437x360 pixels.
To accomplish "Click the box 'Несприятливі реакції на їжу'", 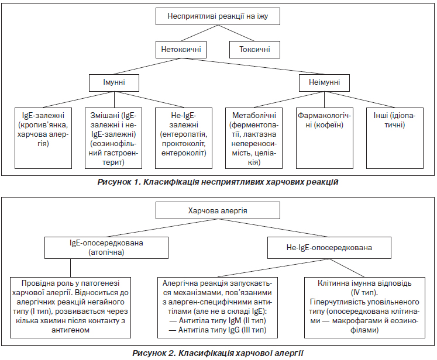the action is click(x=218, y=16).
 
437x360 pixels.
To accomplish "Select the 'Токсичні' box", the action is click(x=254, y=50).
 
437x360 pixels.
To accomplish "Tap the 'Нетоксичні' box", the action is click(x=181, y=50).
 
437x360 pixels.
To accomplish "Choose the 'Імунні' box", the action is click(x=114, y=82).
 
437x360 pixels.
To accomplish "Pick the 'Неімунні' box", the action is click(x=324, y=82).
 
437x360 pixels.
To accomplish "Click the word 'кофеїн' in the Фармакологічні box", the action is click(x=329, y=124).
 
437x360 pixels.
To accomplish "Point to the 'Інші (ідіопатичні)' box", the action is click(x=395, y=138).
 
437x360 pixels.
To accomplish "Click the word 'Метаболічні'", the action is click(x=254, y=115).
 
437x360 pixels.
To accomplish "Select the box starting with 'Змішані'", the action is click(x=113, y=138).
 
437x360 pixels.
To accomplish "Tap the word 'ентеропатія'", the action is click(x=184, y=134).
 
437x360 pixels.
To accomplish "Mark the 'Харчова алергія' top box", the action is click(x=218, y=210).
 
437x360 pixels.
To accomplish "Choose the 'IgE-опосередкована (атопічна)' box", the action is click(x=106, y=248).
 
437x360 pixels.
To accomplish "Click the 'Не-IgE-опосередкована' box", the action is click(x=329, y=248).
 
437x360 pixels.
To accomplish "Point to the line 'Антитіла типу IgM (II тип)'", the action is click(x=218, y=320).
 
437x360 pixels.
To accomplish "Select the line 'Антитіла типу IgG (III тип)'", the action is click(x=218, y=330).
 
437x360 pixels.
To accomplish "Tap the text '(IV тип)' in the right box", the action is click(x=364, y=293).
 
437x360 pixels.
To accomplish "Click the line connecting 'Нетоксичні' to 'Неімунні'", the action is click(x=253, y=66).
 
